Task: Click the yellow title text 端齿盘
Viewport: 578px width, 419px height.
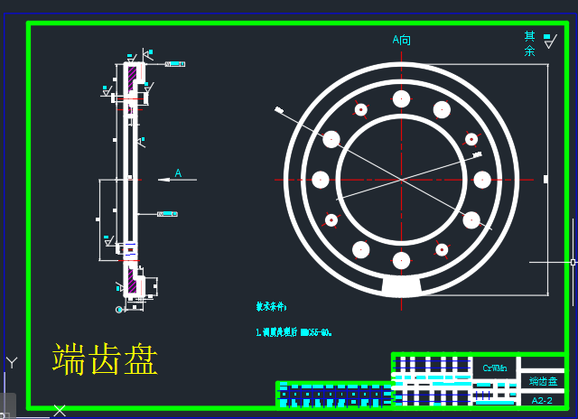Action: (105, 359)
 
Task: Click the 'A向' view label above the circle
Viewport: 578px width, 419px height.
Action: (401, 40)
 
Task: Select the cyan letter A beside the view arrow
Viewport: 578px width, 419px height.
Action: (178, 172)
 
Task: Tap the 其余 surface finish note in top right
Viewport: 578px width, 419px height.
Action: (530, 43)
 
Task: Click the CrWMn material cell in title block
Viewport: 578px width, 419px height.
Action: (495, 368)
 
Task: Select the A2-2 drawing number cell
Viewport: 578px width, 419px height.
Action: (542, 400)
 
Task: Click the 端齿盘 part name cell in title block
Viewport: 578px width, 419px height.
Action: (543, 382)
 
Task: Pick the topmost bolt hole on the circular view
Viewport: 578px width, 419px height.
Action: (401, 98)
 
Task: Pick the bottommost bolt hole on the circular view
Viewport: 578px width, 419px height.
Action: (401, 260)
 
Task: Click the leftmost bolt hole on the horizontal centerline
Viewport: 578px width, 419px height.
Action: (320, 180)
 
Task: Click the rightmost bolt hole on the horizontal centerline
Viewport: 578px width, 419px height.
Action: (482, 180)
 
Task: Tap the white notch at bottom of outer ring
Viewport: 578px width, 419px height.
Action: (401, 286)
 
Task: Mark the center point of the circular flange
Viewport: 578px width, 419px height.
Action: (401, 180)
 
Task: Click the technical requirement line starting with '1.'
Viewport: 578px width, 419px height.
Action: (294, 332)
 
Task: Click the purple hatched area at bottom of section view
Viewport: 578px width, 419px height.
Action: (132, 283)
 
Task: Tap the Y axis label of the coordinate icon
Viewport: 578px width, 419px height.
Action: (12, 362)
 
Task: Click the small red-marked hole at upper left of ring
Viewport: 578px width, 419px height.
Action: (360, 109)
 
